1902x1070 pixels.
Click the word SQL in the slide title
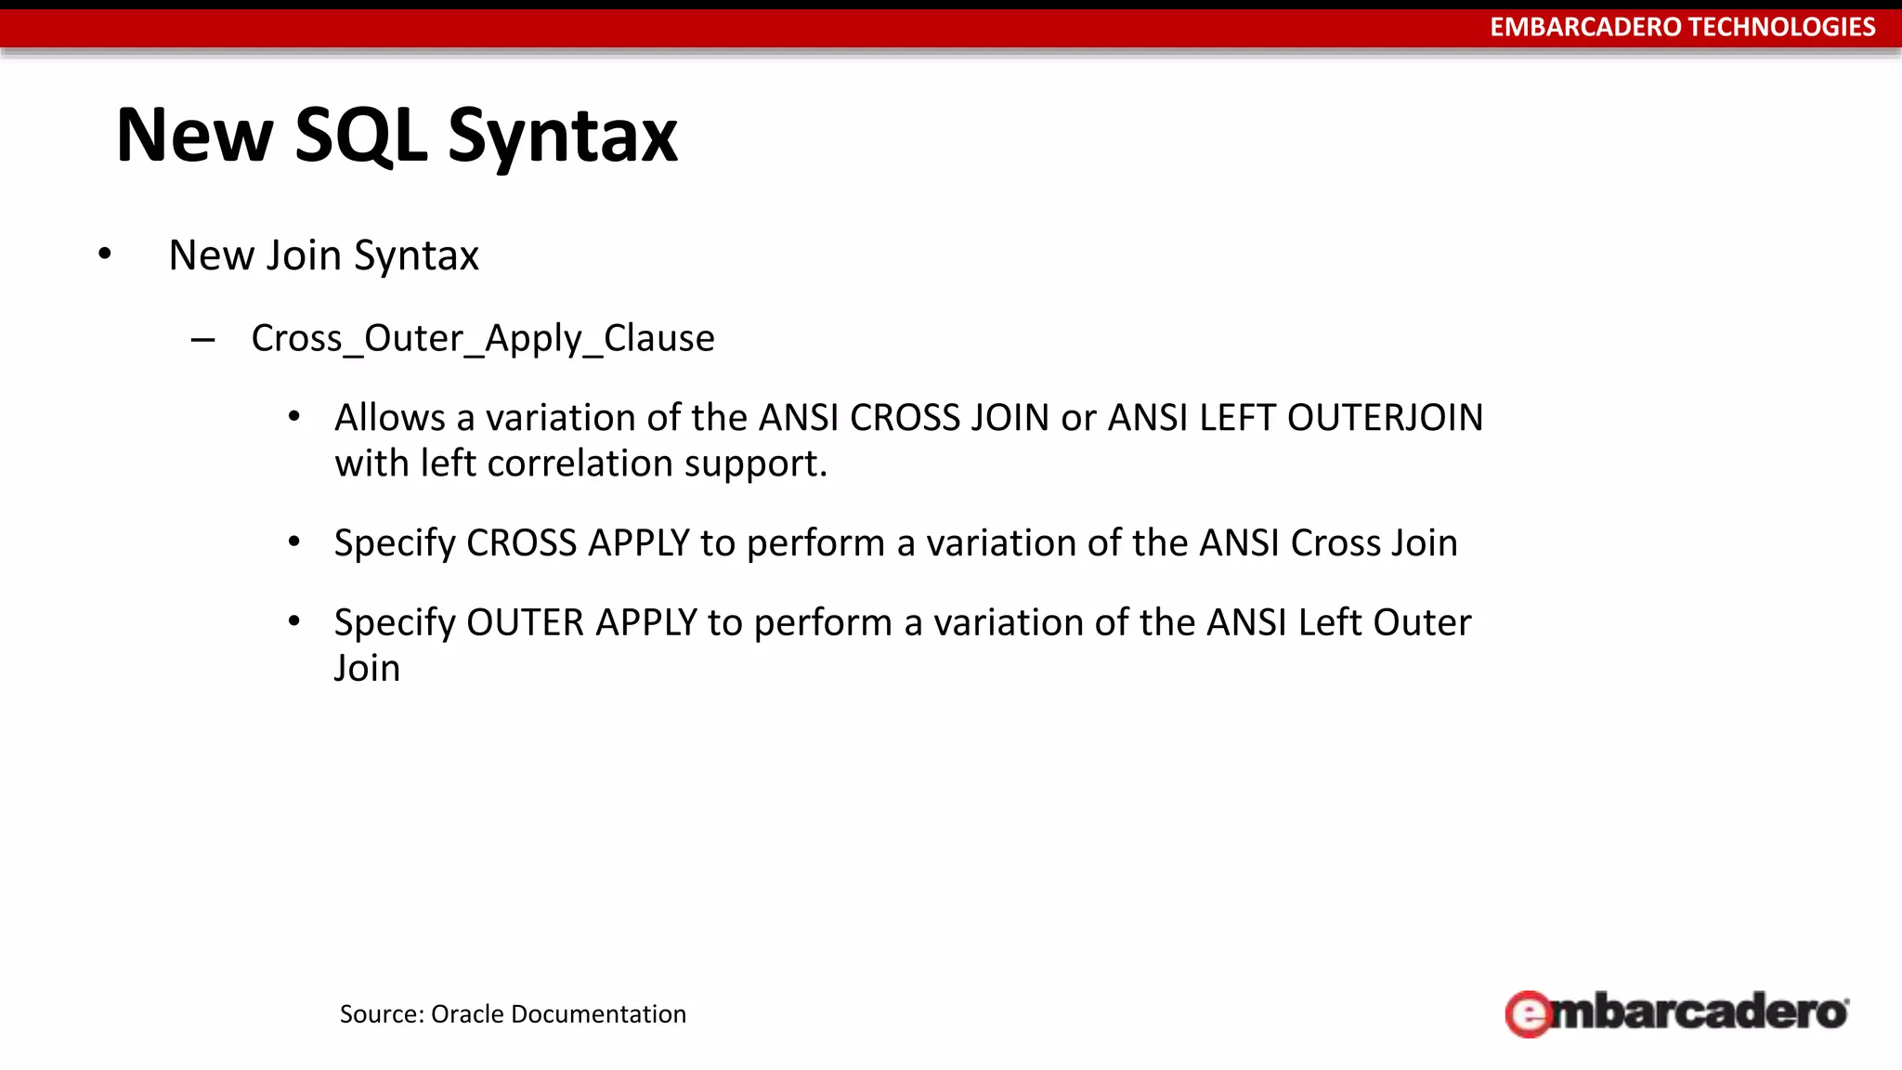(x=360, y=137)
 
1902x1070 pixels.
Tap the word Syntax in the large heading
(x=563, y=137)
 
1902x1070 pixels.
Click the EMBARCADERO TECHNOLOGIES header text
(x=1682, y=27)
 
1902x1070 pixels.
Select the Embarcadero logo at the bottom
(x=1676, y=1012)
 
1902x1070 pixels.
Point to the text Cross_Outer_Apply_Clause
(x=483, y=338)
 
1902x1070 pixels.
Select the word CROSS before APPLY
(x=521, y=543)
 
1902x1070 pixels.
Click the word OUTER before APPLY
(x=525, y=623)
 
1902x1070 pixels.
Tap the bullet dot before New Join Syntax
(x=105, y=254)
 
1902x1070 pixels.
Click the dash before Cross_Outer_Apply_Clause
(x=202, y=340)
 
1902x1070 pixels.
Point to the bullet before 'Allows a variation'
(x=294, y=418)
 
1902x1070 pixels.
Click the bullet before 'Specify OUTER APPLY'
(x=294, y=622)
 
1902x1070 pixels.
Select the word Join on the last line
(x=367, y=669)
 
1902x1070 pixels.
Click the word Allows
(x=390, y=418)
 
